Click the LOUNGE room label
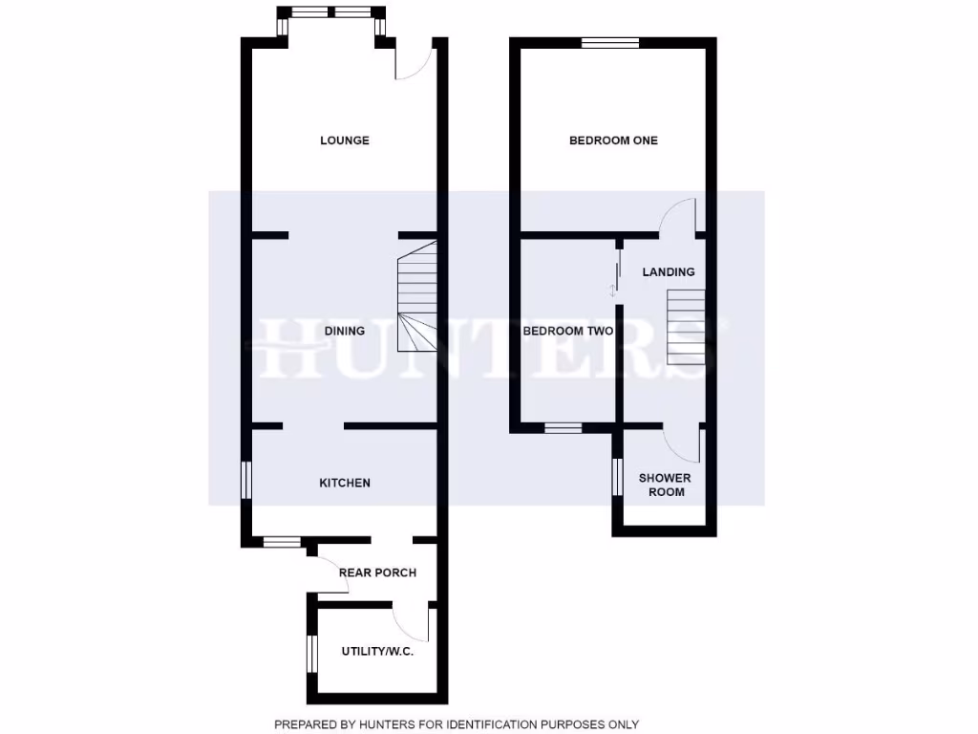344,140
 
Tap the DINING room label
344,332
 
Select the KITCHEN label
344,483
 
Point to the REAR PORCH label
377,572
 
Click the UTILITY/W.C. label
377,652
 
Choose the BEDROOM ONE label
613,140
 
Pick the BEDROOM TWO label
567,332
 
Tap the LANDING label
668,272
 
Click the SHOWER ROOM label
666,485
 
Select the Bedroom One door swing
679,215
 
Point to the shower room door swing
684,443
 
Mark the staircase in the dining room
416,295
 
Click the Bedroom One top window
610,42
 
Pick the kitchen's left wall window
246,480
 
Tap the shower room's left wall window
617,477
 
